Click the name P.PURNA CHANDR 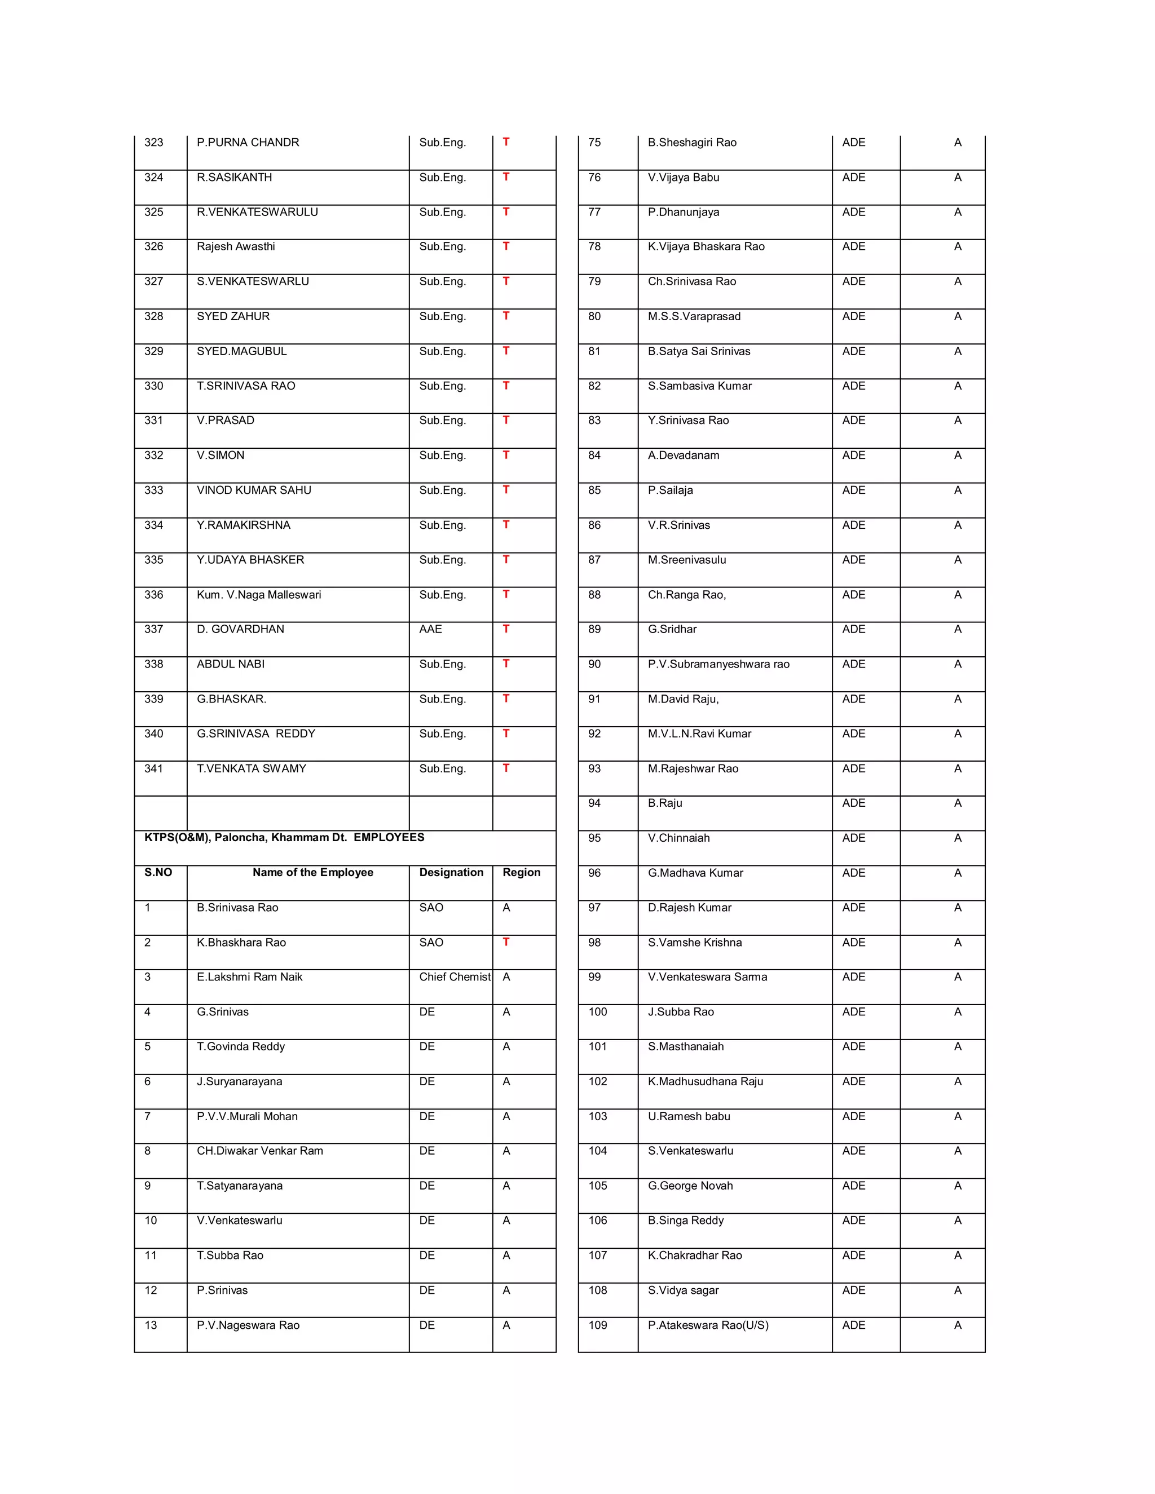pyautogui.click(x=248, y=142)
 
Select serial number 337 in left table pyautogui.click(x=153, y=629)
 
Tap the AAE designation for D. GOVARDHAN pyautogui.click(x=430, y=629)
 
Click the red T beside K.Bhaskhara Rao pyautogui.click(x=506, y=942)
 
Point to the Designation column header pyautogui.click(x=451, y=872)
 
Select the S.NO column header pyautogui.click(x=158, y=872)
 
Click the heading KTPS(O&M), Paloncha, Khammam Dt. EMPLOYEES pyautogui.click(x=284, y=837)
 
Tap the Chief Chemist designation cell pyautogui.click(x=455, y=977)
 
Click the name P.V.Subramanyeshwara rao pyautogui.click(x=718, y=664)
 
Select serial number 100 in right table pyautogui.click(x=597, y=1012)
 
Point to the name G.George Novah pyautogui.click(x=690, y=1186)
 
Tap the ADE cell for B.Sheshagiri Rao pyautogui.click(x=853, y=142)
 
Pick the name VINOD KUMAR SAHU pyautogui.click(x=254, y=490)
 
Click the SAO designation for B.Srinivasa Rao pyautogui.click(x=431, y=907)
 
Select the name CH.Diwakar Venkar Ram pyautogui.click(x=259, y=1151)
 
